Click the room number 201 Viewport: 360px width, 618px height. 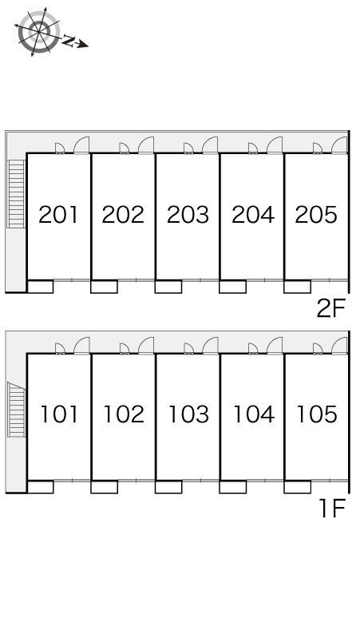coord(58,215)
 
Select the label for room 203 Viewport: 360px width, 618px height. coord(188,215)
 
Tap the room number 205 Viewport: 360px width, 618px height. coord(316,215)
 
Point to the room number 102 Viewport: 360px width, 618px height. coord(124,414)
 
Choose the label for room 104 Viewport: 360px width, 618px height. coord(254,414)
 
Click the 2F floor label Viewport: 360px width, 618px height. coord(331,308)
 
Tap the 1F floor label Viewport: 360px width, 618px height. coord(333,509)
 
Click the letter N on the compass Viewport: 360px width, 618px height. coord(69,41)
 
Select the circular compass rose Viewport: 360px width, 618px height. coord(39,31)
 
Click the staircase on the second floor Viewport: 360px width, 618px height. coord(17,193)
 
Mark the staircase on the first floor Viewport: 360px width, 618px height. coord(17,410)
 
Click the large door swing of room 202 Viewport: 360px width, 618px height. coord(146,145)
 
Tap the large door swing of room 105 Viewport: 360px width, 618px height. coord(339,345)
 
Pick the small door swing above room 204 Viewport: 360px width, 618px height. coord(253,148)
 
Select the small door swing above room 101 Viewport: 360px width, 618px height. coord(60,348)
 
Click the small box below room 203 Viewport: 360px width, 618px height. coord(168,287)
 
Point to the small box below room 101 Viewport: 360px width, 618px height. coord(40,487)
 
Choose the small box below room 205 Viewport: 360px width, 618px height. coord(298,287)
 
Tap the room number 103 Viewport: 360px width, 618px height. coord(188,414)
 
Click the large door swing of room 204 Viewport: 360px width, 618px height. coord(275,145)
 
